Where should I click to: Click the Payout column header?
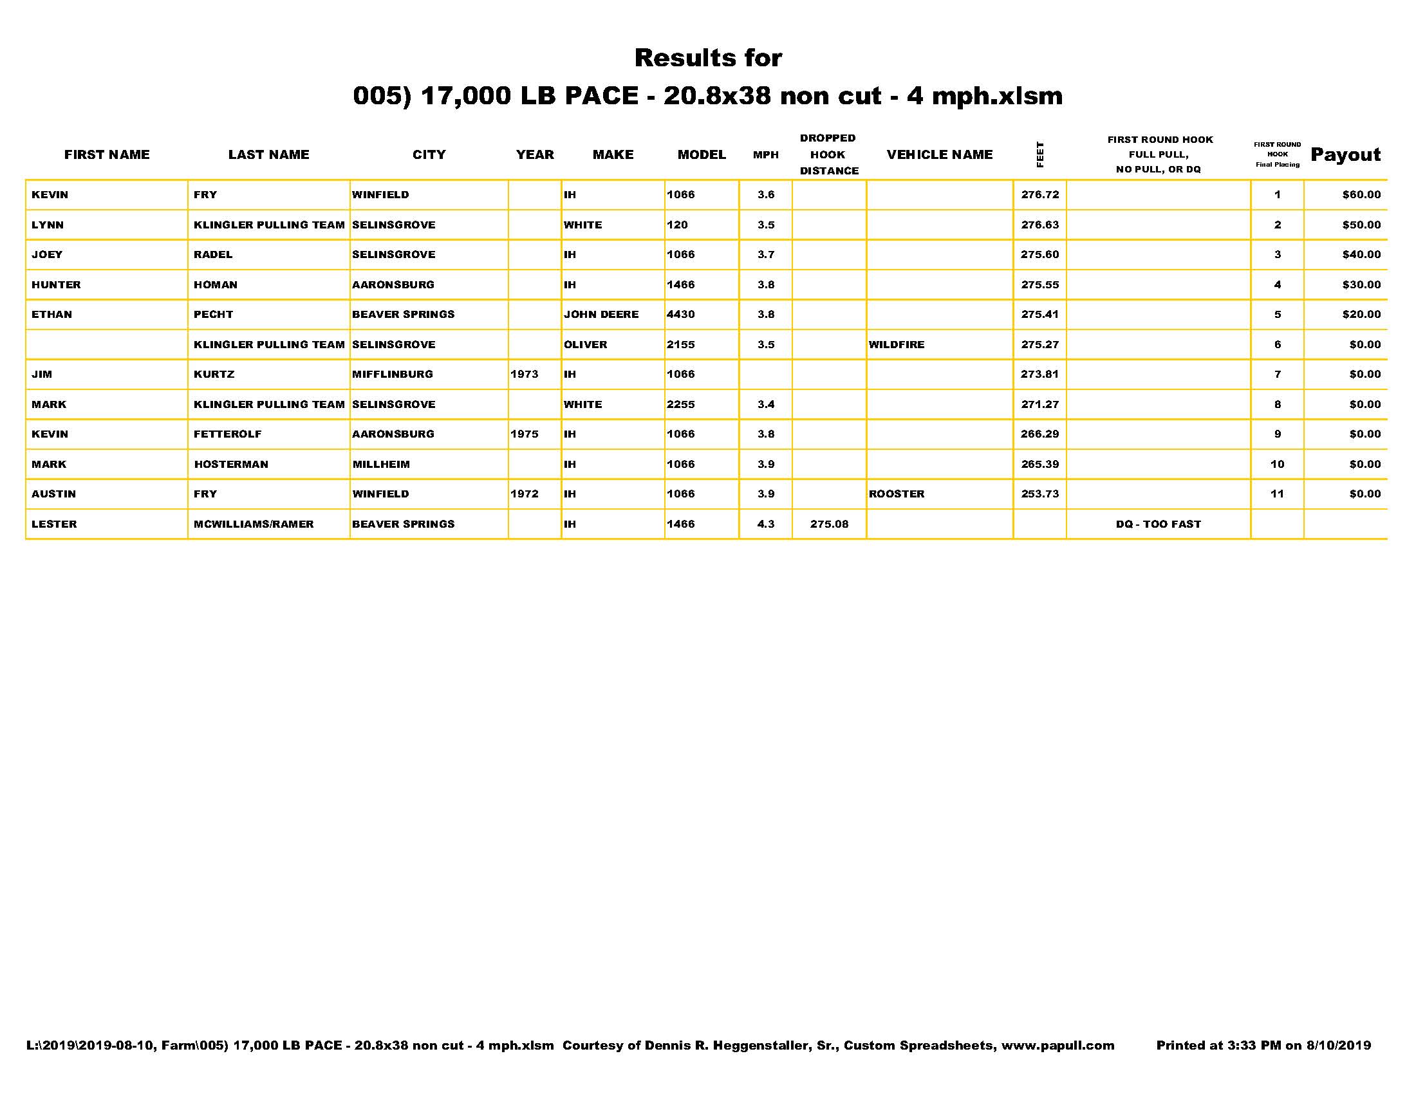(x=1345, y=155)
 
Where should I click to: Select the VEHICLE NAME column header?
(x=940, y=155)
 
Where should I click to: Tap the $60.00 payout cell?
(x=1361, y=195)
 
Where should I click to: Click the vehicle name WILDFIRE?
(x=897, y=345)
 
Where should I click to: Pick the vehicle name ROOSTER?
(x=896, y=494)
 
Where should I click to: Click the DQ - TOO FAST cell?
(x=1158, y=524)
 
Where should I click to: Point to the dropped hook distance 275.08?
(x=828, y=524)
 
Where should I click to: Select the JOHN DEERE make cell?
(x=601, y=315)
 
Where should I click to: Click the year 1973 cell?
(x=524, y=375)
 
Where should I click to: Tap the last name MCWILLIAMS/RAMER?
(x=254, y=524)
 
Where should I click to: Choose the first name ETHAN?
(x=52, y=315)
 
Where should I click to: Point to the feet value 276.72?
(x=1039, y=195)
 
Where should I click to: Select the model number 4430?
(x=681, y=315)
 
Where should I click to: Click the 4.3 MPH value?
(x=766, y=524)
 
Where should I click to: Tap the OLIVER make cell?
(x=586, y=345)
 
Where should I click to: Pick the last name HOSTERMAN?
(x=231, y=465)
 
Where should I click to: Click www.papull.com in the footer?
(x=1057, y=1045)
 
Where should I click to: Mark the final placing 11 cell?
(x=1276, y=494)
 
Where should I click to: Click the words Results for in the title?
(x=708, y=59)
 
